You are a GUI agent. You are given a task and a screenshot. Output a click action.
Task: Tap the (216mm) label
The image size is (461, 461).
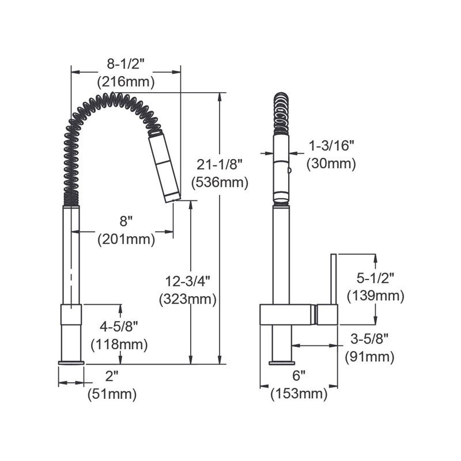[x=126, y=81]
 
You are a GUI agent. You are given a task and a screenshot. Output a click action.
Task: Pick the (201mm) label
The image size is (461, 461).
[x=126, y=239]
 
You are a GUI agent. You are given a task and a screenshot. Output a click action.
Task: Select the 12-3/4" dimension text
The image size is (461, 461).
[x=188, y=281]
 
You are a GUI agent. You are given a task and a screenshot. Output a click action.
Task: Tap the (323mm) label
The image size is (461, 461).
[x=188, y=300]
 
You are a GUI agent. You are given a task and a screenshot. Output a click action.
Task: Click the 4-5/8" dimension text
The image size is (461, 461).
[x=119, y=326]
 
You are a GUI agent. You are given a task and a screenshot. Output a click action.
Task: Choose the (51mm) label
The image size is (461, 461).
[x=112, y=395]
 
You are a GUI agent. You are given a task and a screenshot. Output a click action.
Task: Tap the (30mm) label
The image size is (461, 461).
[x=331, y=163]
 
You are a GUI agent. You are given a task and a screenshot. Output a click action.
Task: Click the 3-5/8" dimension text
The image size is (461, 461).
[x=369, y=338]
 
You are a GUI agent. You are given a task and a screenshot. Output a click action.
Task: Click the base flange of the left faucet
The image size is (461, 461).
[x=71, y=362]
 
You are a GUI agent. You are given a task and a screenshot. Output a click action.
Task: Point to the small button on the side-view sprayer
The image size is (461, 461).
[x=289, y=169]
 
